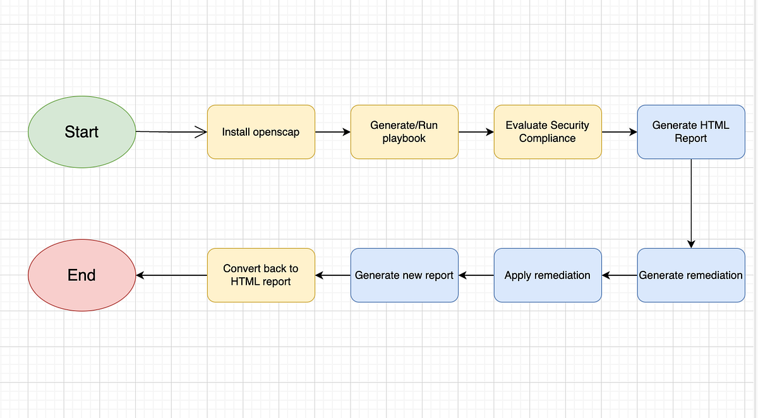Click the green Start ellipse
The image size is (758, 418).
tap(81, 132)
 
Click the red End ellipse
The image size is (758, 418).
tap(81, 275)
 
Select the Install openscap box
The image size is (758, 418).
tap(261, 132)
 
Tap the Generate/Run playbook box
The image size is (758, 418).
tap(404, 132)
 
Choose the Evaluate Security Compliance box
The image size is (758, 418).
tap(548, 132)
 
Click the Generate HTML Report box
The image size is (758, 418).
tap(690, 132)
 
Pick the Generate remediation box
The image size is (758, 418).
tap(690, 275)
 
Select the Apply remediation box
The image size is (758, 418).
tap(548, 275)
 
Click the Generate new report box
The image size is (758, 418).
tap(404, 275)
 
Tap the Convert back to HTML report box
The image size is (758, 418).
tap(261, 275)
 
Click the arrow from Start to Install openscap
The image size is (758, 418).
tap(171, 132)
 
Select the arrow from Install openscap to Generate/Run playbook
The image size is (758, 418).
tap(332, 132)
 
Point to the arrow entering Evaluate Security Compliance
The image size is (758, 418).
tap(476, 132)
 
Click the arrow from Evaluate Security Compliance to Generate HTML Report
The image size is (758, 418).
tap(619, 132)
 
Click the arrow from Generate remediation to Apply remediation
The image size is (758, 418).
tap(619, 275)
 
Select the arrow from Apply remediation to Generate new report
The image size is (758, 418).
tap(476, 275)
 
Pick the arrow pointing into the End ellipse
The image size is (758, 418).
tap(171, 275)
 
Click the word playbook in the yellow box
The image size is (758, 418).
tap(404, 138)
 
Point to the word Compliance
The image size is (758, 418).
tap(548, 138)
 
